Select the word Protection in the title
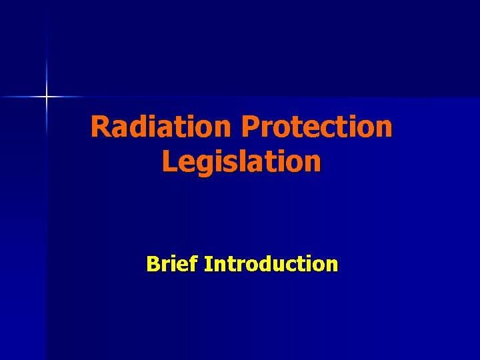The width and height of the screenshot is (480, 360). [x=317, y=127]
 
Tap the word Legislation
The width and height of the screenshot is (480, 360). [x=241, y=161]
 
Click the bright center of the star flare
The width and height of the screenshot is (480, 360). [x=47, y=97]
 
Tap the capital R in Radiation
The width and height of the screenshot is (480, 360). [x=100, y=127]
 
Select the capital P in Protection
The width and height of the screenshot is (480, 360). [x=251, y=127]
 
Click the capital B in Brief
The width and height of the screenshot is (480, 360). [x=153, y=264]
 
